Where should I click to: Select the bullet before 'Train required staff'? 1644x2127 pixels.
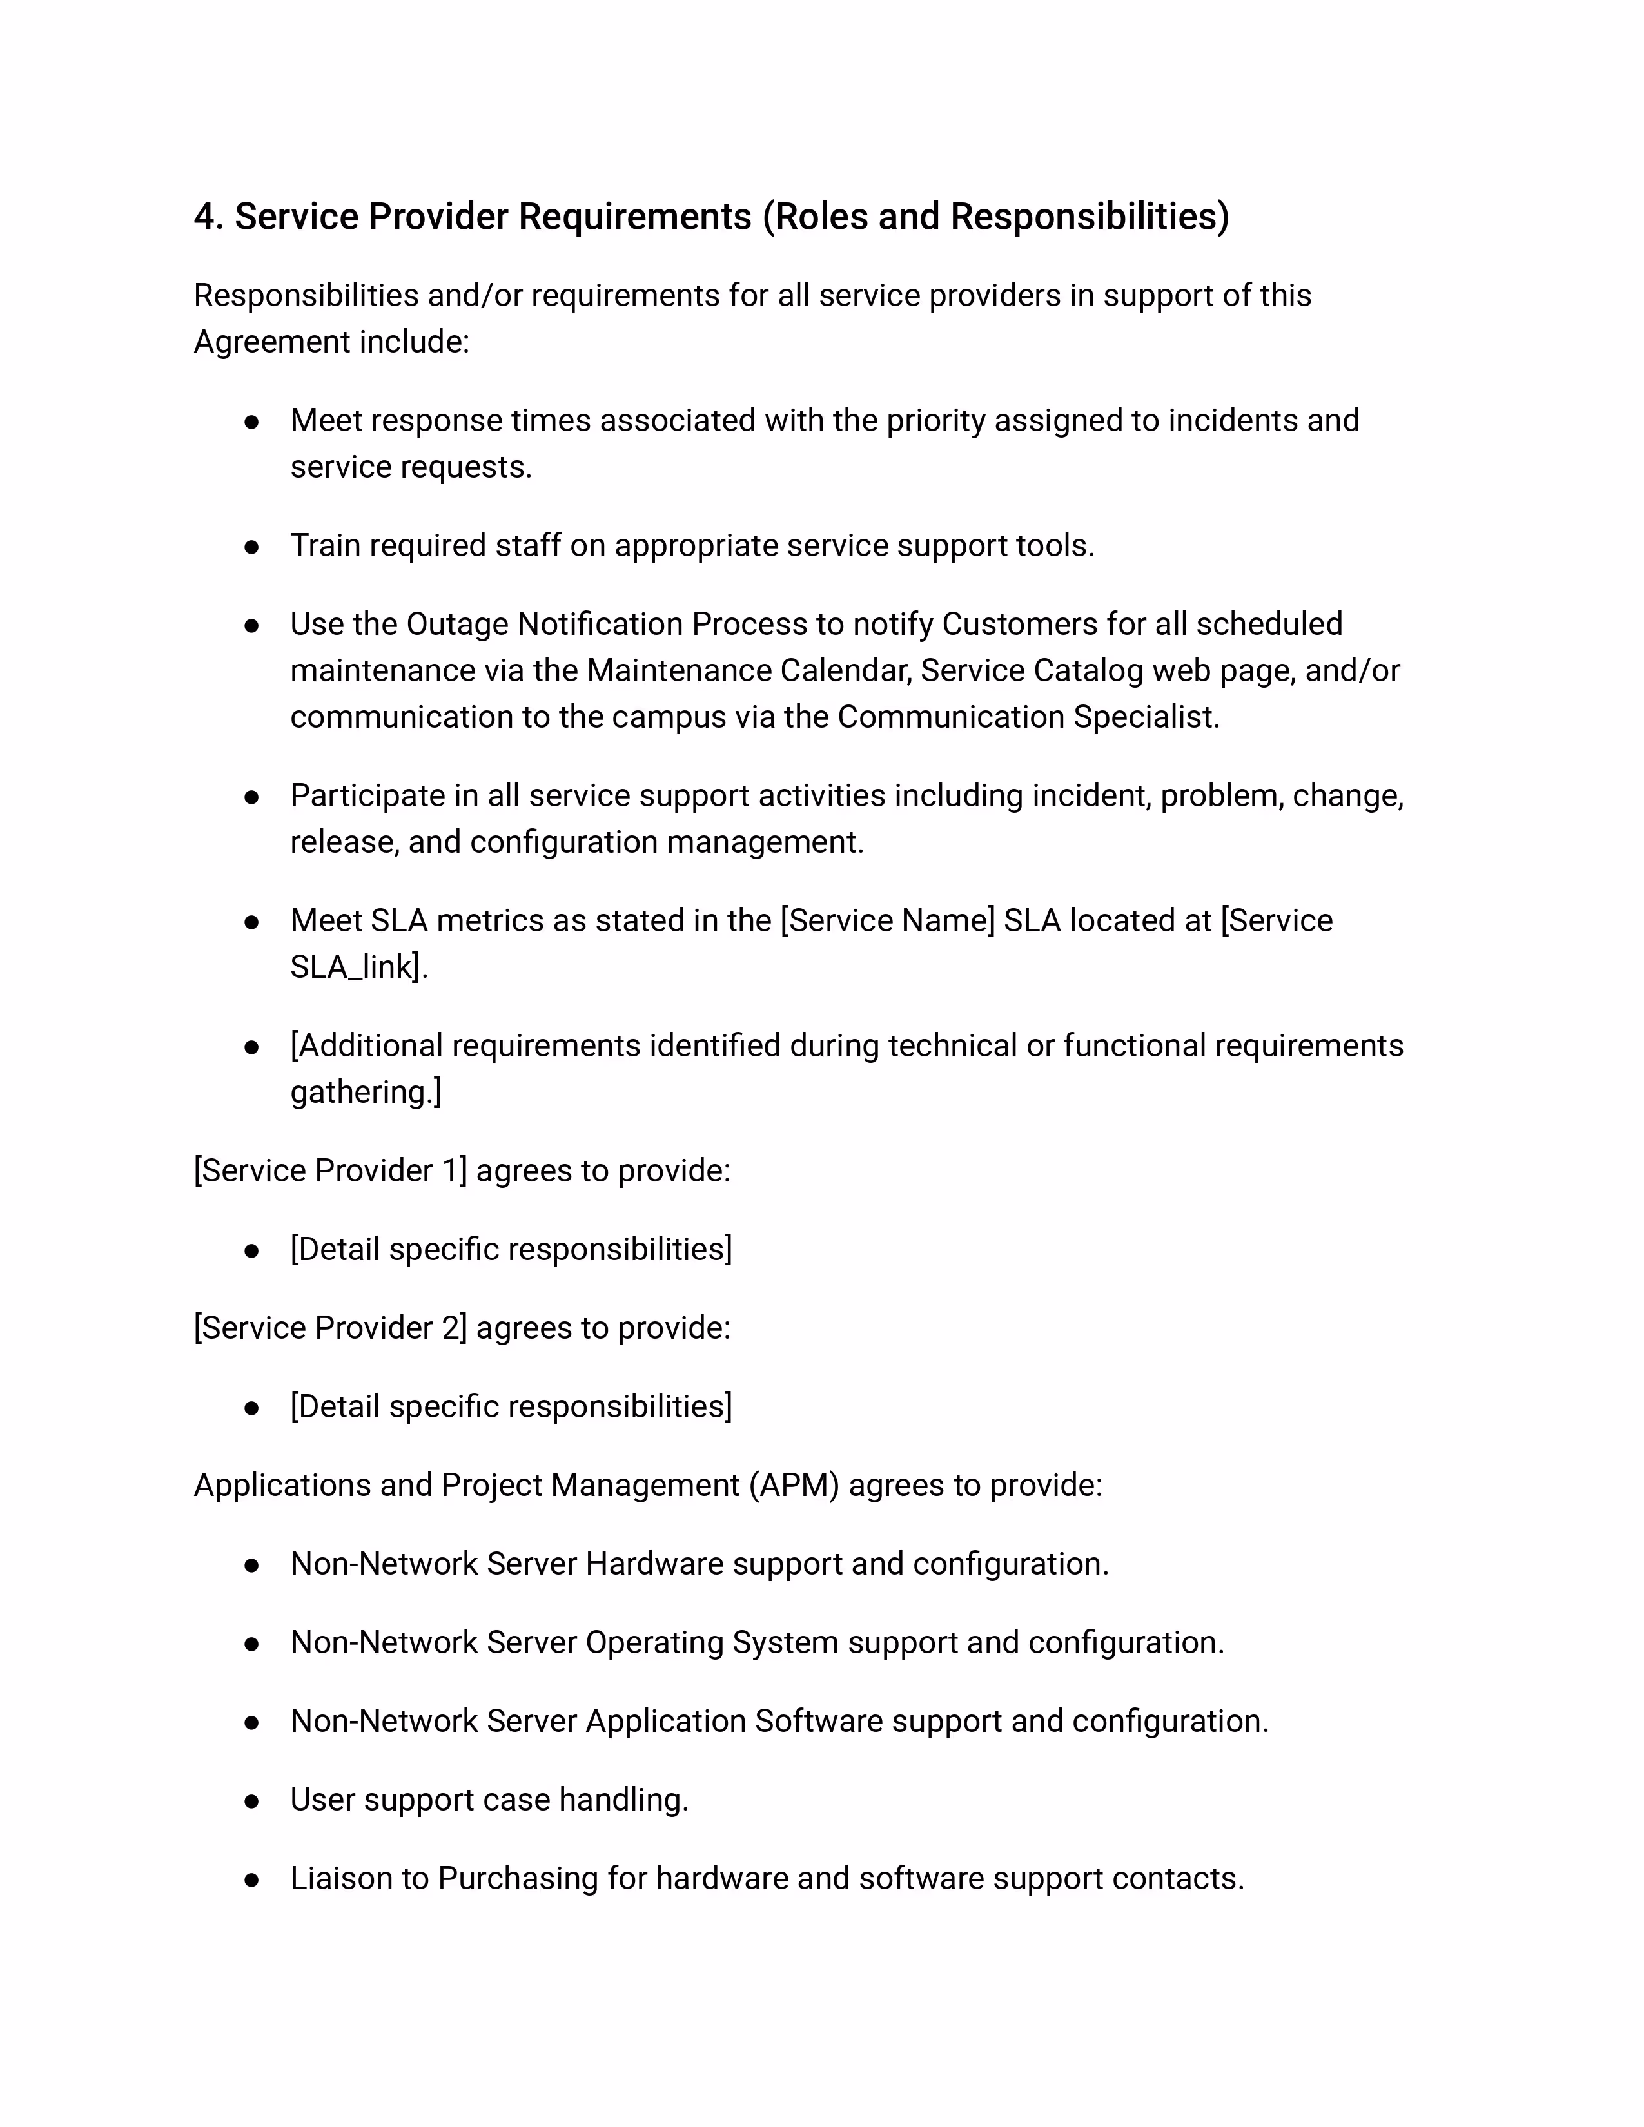coord(251,547)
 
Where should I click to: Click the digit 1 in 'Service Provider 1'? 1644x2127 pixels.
coord(450,1170)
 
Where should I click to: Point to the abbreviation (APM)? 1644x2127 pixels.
coord(794,1485)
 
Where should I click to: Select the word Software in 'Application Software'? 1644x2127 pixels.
coord(818,1721)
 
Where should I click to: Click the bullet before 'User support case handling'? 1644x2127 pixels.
coord(251,1801)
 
